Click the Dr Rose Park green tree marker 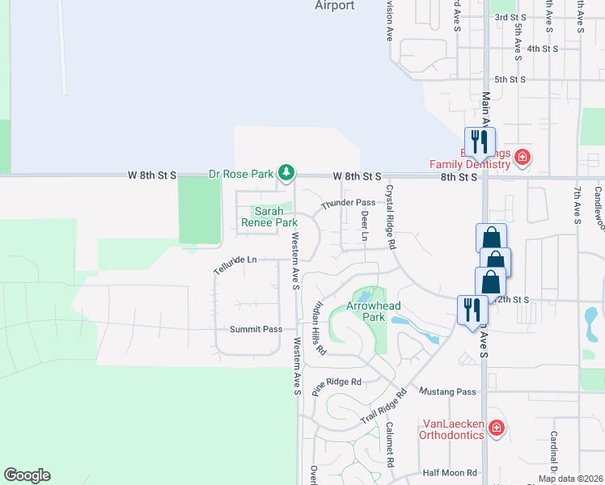click(x=286, y=172)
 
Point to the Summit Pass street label click(x=256, y=329)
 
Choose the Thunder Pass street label click(x=348, y=203)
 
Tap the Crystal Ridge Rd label click(x=390, y=217)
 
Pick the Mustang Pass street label click(x=447, y=391)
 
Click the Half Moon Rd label click(x=444, y=473)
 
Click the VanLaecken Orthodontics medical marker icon click(x=496, y=427)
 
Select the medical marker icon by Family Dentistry click(x=522, y=157)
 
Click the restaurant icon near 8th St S click(x=479, y=141)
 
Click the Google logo click(x=27, y=474)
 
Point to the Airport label click(x=335, y=6)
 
